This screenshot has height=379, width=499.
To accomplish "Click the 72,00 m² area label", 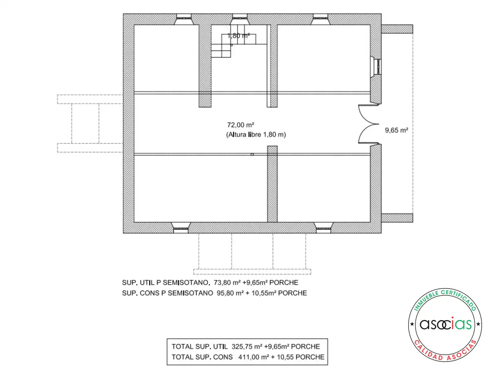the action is pyautogui.click(x=240, y=125).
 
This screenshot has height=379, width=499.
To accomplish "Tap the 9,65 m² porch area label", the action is pyautogui.click(x=396, y=130).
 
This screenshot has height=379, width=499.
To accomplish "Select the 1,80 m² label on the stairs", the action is pyautogui.click(x=238, y=36).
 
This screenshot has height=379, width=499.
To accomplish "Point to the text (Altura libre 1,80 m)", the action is pyautogui.click(x=256, y=134).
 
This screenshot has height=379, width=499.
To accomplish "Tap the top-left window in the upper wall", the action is pyautogui.click(x=184, y=19).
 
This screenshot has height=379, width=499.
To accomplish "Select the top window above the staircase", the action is pyautogui.click(x=240, y=19).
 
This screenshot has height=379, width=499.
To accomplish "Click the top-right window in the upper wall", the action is pyautogui.click(x=320, y=19).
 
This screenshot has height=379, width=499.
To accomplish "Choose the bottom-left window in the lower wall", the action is pyautogui.click(x=181, y=227).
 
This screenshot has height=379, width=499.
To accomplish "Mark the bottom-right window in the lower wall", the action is pyautogui.click(x=323, y=227).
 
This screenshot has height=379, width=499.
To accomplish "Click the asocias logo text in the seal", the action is pyautogui.click(x=445, y=324).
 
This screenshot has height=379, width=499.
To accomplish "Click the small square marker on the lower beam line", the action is pyautogui.click(x=252, y=154).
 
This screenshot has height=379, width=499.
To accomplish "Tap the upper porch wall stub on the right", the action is pyautogui.click(x=397, y=29).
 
